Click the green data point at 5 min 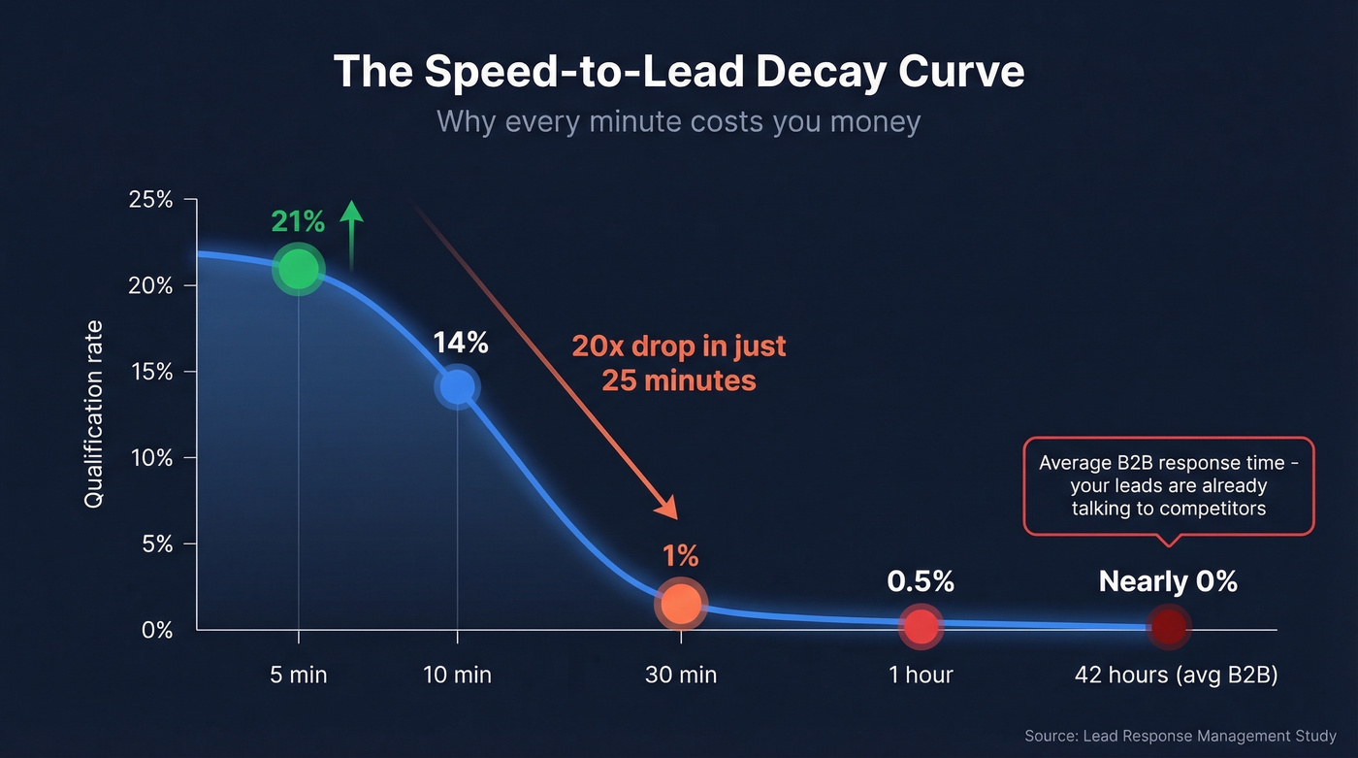click(x=298, y=270)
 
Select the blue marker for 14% click(x=457, y=386)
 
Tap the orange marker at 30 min click(x=681, y=603)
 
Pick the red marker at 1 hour click(x=921, y=626)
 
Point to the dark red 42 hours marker click(x=1168, y=627)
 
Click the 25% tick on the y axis click(x=150, y=200)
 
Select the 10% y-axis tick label click(x=150, y=458)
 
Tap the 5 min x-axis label click(x=298, y=675)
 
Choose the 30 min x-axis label click(x=681, y=675)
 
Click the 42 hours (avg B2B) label click(x=1176, y=675)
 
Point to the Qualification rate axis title click(x=93, y=414)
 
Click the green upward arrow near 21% click(x=351, y=233)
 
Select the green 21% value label click(x=298, y=222)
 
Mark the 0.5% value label click(x=921, y=581)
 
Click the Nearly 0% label click(x=1168, y=581)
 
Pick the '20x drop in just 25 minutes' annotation click(x=679, y=362)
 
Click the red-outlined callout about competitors click(x=1168, y=484)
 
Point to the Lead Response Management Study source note click(x=1180, y=737)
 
